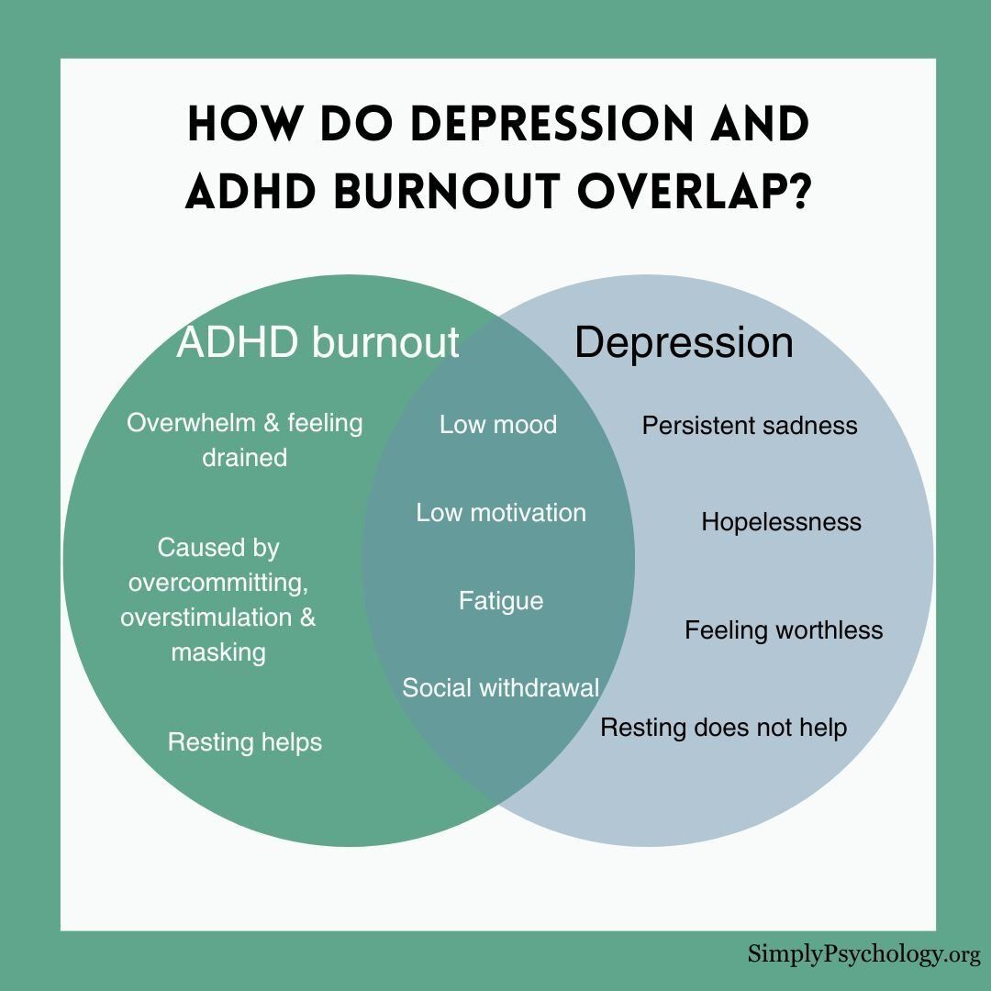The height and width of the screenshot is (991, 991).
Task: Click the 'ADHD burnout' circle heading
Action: [x=317, y=342]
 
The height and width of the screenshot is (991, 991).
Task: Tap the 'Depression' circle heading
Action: [x=684, y=343]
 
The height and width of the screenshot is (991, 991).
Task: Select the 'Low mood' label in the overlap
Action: [x=498, y=425]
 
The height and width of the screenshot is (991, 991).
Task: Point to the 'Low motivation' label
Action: [x=501, y=513]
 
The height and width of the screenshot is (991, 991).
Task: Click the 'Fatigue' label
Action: [x=501, y=601]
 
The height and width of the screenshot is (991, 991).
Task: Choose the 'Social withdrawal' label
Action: [x=501, y=687]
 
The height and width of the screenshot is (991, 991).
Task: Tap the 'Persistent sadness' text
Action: [x=750, y=426]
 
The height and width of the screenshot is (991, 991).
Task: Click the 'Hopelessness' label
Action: [x=781, y=523]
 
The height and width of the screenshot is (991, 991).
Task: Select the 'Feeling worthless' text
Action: [x=784, y=630]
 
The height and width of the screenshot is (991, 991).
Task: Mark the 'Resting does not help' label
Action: [x=724, y=728]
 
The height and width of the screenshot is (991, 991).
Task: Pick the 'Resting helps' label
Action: [x=245, y=742]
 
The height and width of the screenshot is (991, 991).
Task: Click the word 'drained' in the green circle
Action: [x=245, y=458]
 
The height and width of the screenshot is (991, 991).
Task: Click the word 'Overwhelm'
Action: [x=190, y=423]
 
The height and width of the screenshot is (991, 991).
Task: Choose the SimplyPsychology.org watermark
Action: [x=864, y=953]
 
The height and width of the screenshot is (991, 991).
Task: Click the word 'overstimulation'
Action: [x=206, y=618]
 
